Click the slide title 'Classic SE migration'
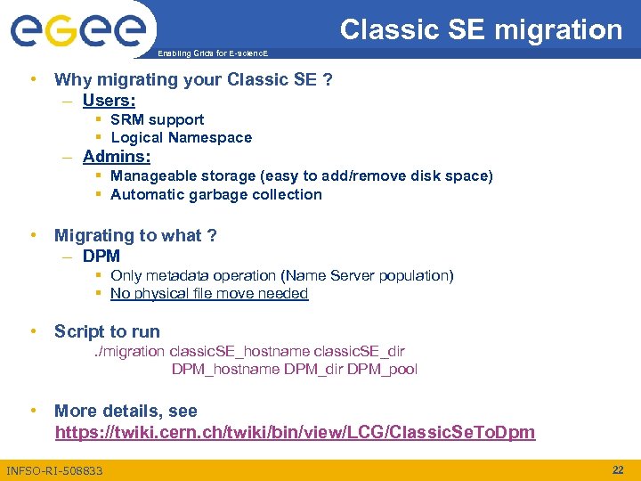[481, 29]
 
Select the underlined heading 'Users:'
[109, 100]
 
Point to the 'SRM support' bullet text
[157, 119]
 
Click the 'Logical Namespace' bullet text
[181, 137]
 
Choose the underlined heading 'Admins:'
[116, 157]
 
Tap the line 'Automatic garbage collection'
[215, 194]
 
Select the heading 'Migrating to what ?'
[135, 235]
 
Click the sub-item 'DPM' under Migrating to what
[101, 256]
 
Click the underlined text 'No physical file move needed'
[209, 293]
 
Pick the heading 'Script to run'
[107, 331]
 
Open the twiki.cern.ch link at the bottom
[295, 433]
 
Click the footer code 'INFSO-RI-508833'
[54, 470]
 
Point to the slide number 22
[618, 469]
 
